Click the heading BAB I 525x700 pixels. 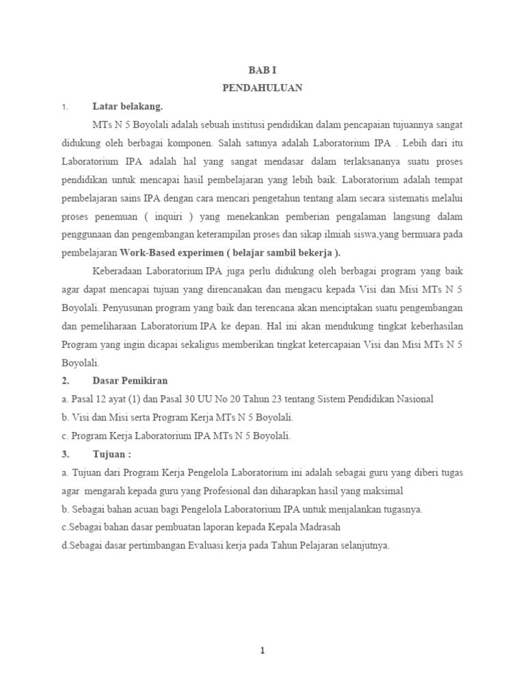click(262, 70)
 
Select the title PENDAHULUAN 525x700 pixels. click(262, 88)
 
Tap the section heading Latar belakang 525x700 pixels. click(127, 107)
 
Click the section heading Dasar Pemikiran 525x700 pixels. click(130, 381)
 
